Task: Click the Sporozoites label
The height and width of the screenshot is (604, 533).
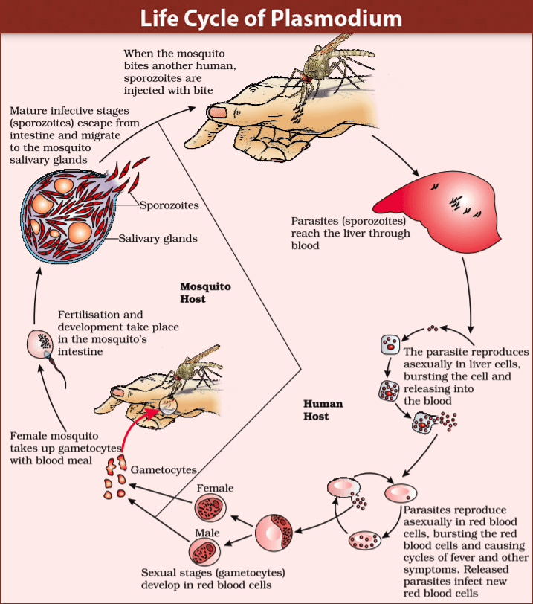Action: coord(169,204)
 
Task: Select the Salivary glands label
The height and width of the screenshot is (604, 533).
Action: coord(158,238)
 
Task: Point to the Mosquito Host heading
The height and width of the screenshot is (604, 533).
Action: coord(205,292)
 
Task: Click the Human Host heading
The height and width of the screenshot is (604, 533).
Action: coord(323,410)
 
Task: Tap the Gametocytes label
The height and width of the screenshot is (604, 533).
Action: coord(164,470)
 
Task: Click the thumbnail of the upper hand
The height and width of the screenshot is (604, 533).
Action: coord(217,112)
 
